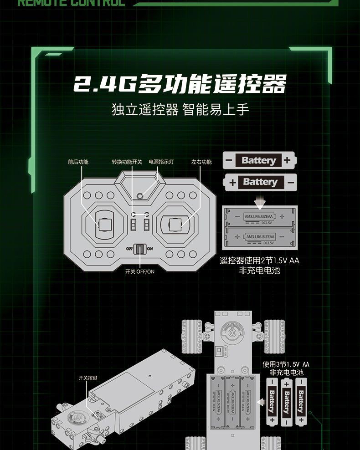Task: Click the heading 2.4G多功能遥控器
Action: (x=180, y=84)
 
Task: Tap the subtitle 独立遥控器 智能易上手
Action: (x=180, y=110)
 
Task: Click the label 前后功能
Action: (x=78, y=162)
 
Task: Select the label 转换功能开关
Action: (x=127, y=162)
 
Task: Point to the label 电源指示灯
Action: (x=161, y=162)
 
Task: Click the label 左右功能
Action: (x=201, y=162)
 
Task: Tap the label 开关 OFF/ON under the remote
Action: (x=140, y=271)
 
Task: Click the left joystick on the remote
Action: (x=104, y=225)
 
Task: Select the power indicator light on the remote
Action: (x=140, y=196)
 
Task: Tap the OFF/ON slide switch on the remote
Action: (x=140, y=249)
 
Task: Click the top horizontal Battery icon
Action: (x=259, y=160)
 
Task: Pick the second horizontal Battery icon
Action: (x=259, y=182)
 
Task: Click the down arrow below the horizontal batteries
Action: (x=260, y=200)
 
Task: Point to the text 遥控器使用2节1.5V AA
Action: (x=259, y=261)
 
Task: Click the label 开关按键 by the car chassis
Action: (x=88, y=378)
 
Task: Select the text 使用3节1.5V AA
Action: (x=286, y=364)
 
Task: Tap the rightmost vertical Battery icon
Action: (x=301, y=401)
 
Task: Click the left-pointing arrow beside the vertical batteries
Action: (x=261, y=402)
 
